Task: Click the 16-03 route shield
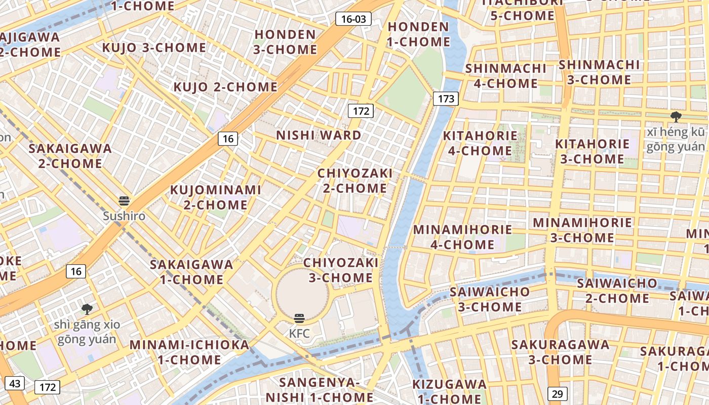coord(353,19)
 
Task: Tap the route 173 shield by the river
coord(446,98)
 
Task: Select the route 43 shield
coord(15,383)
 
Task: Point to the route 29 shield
coord(557,393)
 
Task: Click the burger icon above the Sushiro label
coord(124,201)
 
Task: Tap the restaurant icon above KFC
coord(299,318)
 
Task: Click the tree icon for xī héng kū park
coord(676,117)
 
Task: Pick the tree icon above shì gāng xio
coord(87,308)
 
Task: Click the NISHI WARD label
coord(319,135)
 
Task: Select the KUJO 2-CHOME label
coord(225,87)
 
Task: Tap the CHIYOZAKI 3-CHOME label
coord(340,270)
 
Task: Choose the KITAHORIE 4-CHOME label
coord(480,143)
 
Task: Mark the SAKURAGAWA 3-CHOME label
coord(560,352)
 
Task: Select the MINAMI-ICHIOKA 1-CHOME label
coord(189,352)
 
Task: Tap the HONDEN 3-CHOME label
coord(285,42)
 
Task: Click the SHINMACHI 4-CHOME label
coord(506,75)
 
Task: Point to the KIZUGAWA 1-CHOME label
coord(449,391)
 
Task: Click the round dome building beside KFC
coord(302,294)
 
